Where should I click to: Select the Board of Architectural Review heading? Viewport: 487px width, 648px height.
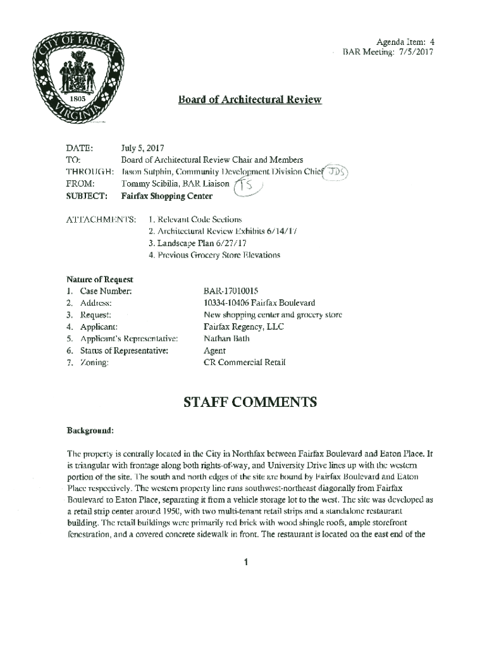click(x=249, y=100)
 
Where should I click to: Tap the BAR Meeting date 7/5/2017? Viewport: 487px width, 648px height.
click(x=415, y=52)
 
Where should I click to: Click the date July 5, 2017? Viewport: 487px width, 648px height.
click(x=142, y=149)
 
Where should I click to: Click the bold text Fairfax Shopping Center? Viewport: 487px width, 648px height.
click(x=166, y=196)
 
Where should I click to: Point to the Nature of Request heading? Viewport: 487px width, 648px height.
click(x=99, y=279)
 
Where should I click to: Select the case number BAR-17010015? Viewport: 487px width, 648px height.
click(x=230, y=291)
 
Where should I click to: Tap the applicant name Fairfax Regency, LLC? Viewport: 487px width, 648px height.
click(x=244, y=327)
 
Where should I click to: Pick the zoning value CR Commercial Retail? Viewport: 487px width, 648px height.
click(x=244, y=363)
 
